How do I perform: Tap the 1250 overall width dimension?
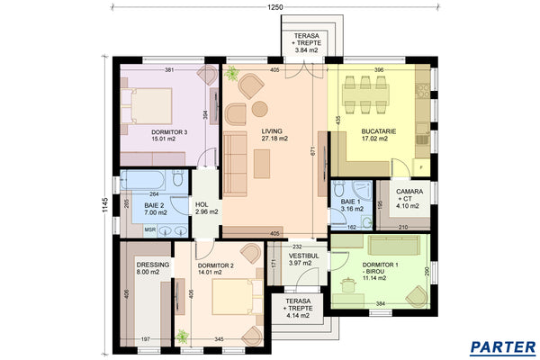tap(275, 7)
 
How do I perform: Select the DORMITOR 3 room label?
tap(169, 136)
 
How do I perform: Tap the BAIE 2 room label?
tap(149, 209)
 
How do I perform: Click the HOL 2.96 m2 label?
tap(207, 209)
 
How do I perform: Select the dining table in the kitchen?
tap(369, 86)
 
